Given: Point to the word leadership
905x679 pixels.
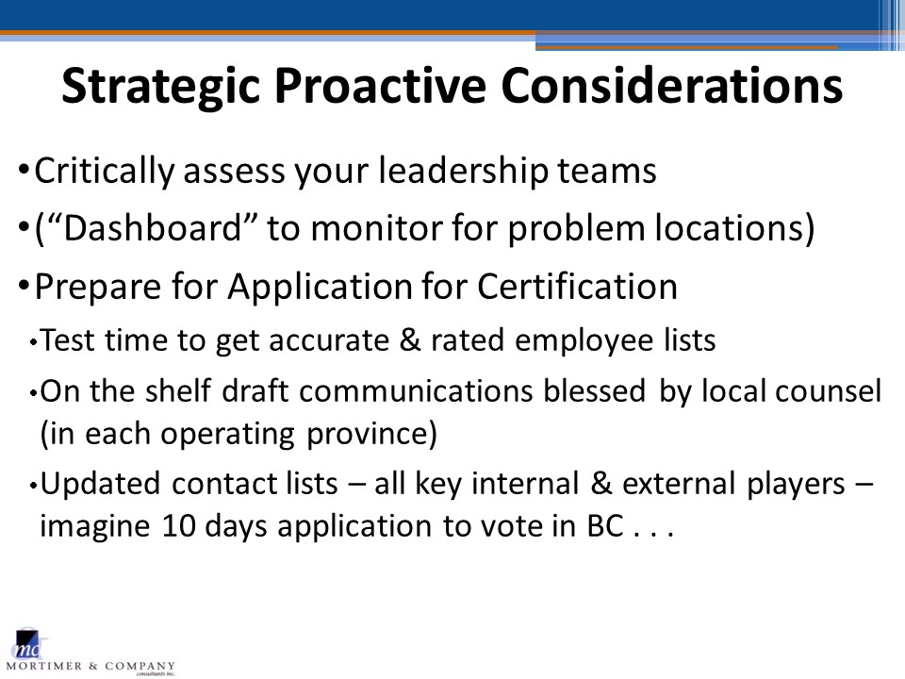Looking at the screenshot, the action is tap(463, 172).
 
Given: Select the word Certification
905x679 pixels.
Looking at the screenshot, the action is tap(577, 286).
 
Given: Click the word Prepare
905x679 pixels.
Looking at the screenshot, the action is tap(98, 287).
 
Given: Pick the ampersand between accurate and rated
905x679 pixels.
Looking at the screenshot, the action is tap(410, 339).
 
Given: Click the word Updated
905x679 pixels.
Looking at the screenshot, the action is tap(100, 484).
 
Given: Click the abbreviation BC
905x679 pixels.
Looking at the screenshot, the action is tap(605, 526).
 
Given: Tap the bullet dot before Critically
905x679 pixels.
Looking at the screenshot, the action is tap(24, 170).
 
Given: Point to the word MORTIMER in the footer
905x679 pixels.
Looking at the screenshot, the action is tap(44, 667).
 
